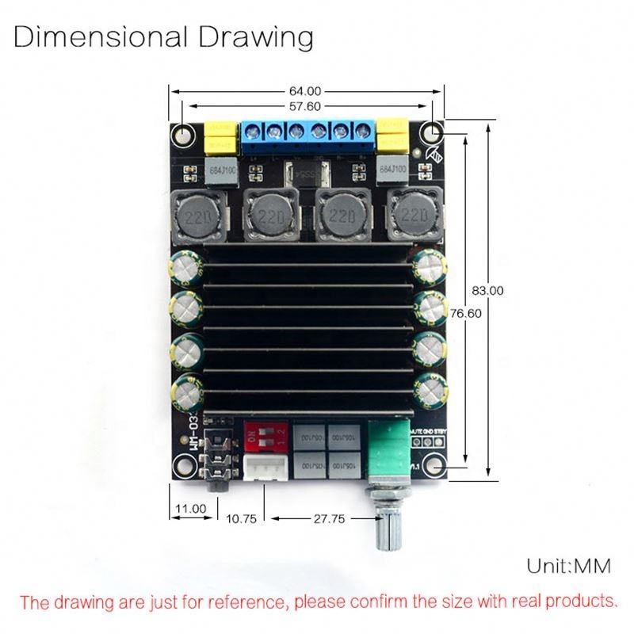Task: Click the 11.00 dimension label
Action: (x=191, y=508)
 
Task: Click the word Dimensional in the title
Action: (x=101, y=37)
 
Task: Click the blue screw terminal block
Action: (x=309, y=136)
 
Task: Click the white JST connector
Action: (x=263, y=468)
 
